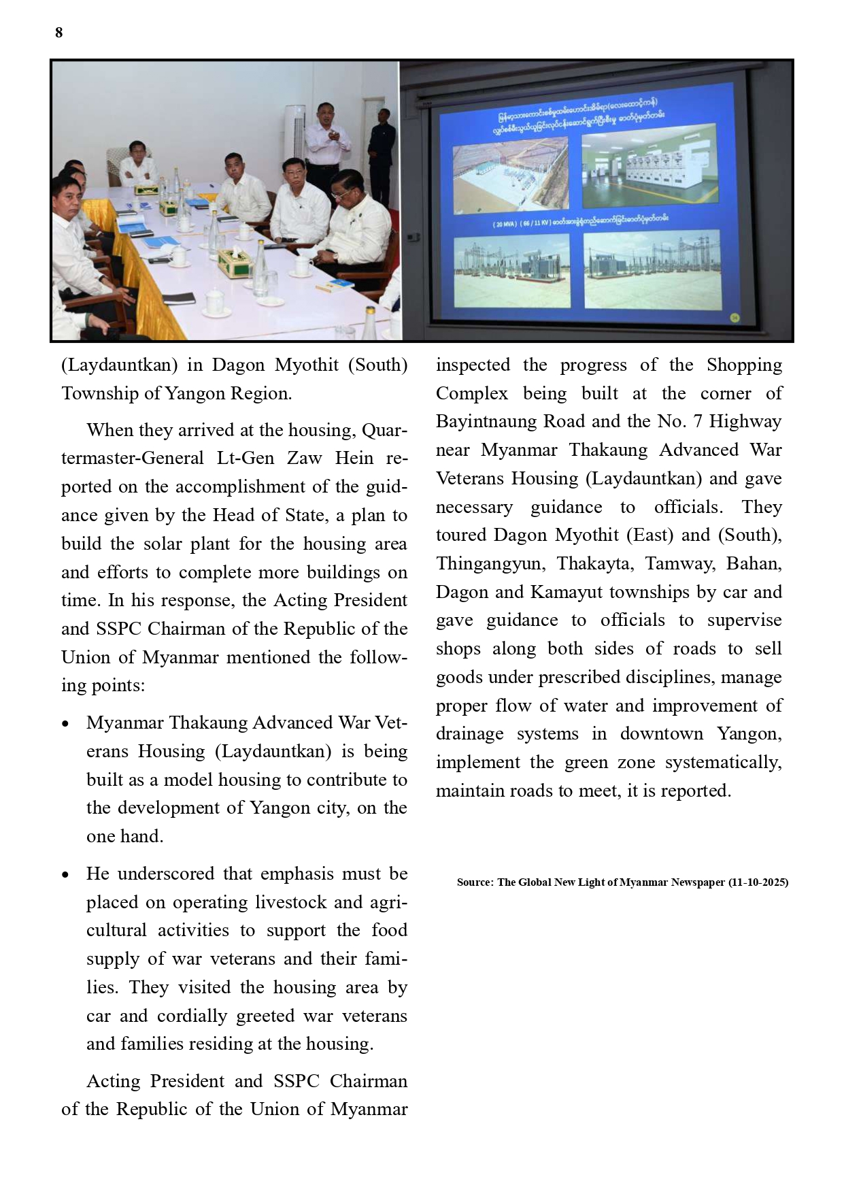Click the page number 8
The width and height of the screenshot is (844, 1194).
(x=59, y=33)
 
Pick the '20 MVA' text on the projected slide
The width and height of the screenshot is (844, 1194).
(x=505, y=224)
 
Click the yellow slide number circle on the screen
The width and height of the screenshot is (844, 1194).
(x=734, y=317)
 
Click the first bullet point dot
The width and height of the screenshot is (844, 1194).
(x=65, y=724)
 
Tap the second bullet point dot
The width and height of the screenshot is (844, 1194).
(x=65, y=875)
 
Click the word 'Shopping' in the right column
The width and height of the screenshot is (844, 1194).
(x=744, y=365)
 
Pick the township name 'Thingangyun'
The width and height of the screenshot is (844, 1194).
(x=490, y=563)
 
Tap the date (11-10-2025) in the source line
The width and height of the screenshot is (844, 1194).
(x=758, y=882)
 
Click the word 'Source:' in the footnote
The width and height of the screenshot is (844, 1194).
(x=475, y=882)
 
